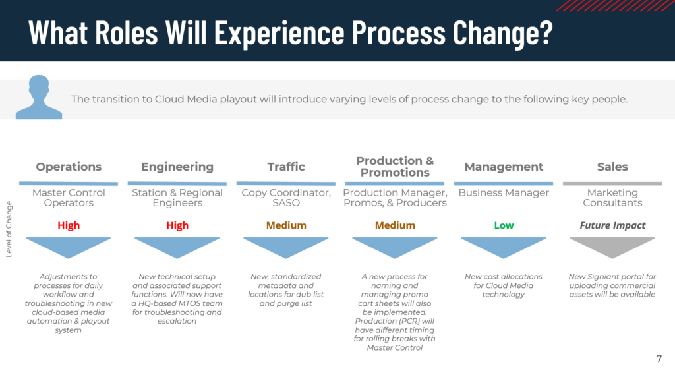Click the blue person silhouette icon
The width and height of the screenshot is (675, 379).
[x=39, y=98]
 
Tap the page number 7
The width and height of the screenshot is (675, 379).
[x=659, y=359]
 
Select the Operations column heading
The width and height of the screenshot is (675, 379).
[x=69, y=167]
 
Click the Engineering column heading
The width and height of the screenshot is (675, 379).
[x=177, y=167]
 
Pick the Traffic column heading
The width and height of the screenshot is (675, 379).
[x=286, y=167]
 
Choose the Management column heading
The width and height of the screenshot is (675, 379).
[x=504, y=167]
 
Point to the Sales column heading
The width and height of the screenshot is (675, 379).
[x=612, y=167]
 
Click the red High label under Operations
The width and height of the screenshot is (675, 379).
[x=69, y=225]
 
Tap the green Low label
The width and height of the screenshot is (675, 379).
[x=504, y=225]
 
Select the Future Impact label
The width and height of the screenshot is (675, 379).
[x=612, y=225]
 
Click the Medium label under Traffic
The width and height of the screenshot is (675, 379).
[x=286, y=225]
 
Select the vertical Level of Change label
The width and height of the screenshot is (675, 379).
[x=9, y=229]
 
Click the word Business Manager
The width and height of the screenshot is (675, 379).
[x=504, y=193]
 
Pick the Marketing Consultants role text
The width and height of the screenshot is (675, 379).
[x=612, y=198]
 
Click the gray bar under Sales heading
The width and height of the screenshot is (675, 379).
[x=612, y=183]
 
